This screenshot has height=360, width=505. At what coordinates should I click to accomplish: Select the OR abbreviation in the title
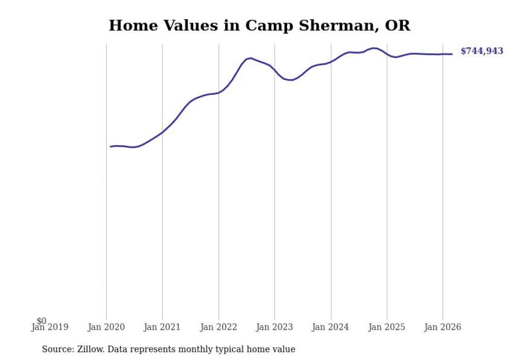click(x=397, y=26)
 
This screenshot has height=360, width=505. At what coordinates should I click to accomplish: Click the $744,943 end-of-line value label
click(x=481, y=51)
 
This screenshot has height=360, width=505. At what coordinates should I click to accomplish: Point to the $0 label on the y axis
click(x=41, y=321)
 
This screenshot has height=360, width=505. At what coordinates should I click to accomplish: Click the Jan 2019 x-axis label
click(x=49, y=327)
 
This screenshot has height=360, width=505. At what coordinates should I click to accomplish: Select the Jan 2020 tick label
click(x=107, y=327)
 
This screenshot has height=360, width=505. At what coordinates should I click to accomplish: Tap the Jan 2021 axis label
click(x=162, y=327)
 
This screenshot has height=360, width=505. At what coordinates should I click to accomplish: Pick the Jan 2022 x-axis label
click(x=218, y=327)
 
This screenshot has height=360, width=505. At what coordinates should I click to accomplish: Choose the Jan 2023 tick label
click(x=275, y=327)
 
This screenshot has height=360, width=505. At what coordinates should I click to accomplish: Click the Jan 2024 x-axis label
click(x=331, y=327)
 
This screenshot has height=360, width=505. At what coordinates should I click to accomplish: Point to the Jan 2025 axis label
click(x=387, y=327)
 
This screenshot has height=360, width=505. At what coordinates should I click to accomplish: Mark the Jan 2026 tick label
click(x=443, y=327)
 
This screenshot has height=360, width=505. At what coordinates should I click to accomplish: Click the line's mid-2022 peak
click(x=250, y=58)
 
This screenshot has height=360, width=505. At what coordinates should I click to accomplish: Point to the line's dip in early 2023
click(x=291, y=80)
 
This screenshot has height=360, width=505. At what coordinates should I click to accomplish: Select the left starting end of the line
click(x=110, y=147)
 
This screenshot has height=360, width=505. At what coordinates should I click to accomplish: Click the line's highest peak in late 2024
click(x=373, y=48)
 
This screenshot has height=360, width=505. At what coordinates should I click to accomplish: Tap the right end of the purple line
click(x=452, y=54)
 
